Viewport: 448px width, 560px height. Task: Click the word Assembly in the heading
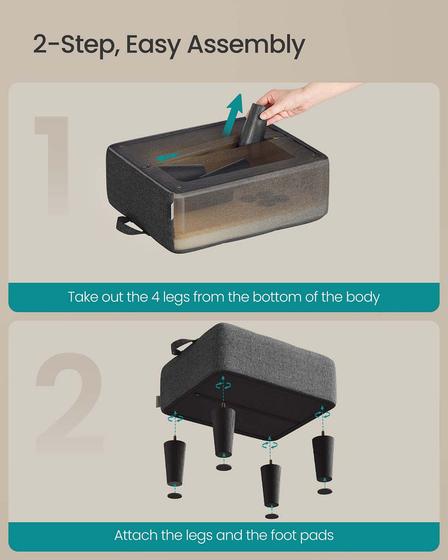[246, 45]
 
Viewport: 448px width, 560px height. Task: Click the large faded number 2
[69, 402]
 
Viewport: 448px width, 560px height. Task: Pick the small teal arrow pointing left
[167, 157]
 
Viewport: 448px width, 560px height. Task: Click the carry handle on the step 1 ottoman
[129, 225]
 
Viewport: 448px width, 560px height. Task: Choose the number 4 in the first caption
[156, 297]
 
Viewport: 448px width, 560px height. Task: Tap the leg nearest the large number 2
[175, 463]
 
